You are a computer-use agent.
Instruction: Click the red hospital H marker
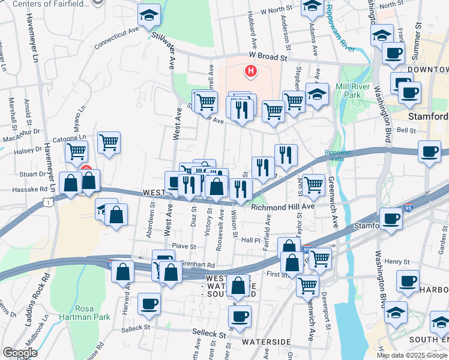click(x=250, y=72)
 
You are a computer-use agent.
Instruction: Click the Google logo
click(x=20, y=353)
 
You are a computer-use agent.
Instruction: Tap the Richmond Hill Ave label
click(x=283, y=207)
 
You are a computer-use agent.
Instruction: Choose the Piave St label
click(x=184, y=246)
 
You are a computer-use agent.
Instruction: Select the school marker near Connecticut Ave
click(x=149, y=16)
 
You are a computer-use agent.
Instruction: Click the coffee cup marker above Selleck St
click(x=149, y=304)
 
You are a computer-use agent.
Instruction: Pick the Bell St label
click(x=406, y=130)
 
